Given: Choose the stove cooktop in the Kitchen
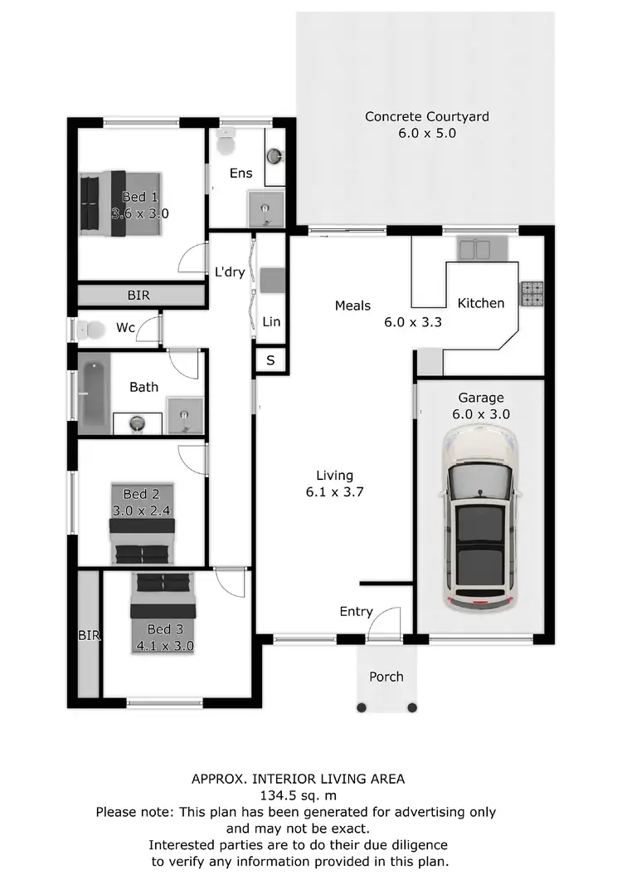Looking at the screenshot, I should point(531,291).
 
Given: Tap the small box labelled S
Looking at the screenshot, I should point(270,360).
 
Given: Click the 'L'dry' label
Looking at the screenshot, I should point(230,271).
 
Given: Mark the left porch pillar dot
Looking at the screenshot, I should point(362,707).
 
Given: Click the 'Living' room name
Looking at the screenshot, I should point(334,476).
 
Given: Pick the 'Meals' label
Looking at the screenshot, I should point(352,306).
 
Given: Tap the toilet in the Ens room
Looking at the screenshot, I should point(225,143).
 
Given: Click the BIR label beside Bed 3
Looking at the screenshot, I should point(89,636).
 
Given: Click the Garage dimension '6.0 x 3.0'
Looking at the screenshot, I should point(482,413).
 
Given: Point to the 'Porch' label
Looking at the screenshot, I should point(386,677).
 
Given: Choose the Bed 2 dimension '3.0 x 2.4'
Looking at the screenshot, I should point(141,511).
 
